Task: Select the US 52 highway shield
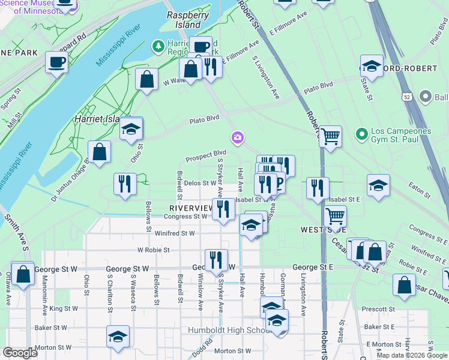(408, 97)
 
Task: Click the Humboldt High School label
(238, 331)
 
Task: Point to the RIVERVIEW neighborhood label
(187, 208)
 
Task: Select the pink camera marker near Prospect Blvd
(238, 139)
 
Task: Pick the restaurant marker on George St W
(216, 259)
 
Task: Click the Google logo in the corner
(19, 353)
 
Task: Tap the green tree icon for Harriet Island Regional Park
(158, 46)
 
